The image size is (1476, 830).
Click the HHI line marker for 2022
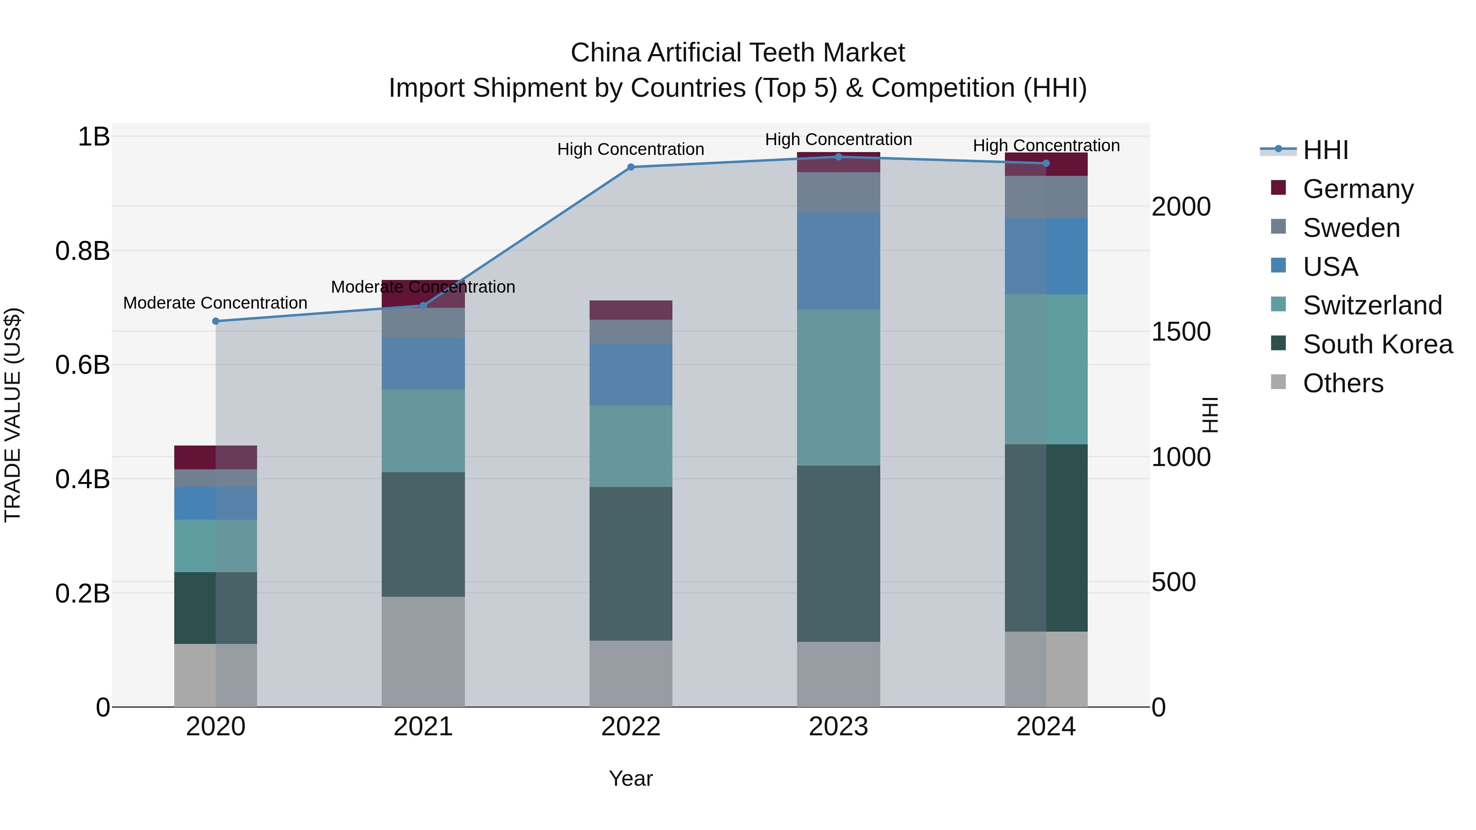pyautogui.click(x=631, y=167)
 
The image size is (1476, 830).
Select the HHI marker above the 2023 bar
pyautogui.click(x=838, y=157)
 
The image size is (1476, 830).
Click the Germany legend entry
pyautogui.click(x=1358, y=189)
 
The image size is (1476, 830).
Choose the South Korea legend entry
pyautogui.click(x=1378, y=344)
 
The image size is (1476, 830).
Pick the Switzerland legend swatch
pyautogui.click(x=1278, y=305)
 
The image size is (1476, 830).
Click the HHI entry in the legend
pyautogui.click(x=1325, y=150)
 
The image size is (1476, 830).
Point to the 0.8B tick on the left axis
pyautogui.click(x=82, y=251)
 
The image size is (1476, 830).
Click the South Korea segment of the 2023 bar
pyautogui.click(x=838, y=553)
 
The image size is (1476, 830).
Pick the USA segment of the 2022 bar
pyautogui.click(x=631, y=375)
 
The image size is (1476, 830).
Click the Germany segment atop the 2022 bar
pyautogui.click(x=631, y=310)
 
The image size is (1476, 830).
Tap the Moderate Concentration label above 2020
pyautogui.click(x=215, y=303)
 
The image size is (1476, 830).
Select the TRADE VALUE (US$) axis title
pyautogui.click(x=13, y=415)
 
